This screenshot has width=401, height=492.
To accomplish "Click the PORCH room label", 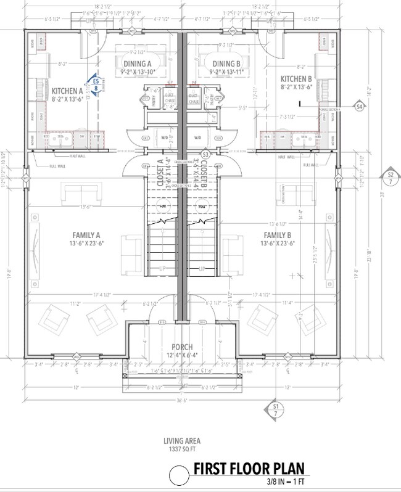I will tap(182, 347).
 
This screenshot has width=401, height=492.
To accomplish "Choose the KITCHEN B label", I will tap(297, 79).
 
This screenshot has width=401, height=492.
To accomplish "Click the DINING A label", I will tap(136, 64).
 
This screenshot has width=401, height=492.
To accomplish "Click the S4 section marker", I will tap(359, 107).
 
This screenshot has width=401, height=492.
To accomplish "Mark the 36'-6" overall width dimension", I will tap(181, 400).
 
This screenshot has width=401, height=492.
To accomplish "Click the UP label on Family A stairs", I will tap(163, 268).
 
